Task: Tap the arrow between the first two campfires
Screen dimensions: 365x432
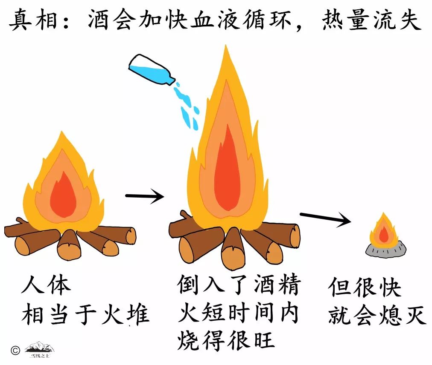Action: [144, 196]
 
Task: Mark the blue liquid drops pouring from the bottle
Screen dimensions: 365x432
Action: [187, 104]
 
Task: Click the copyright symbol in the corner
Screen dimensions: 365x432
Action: [15, 350]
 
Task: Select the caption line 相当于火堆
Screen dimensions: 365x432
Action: [85, 315]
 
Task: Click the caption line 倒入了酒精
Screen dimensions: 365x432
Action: [239, 285]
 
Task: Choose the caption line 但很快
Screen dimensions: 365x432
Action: [365, 288]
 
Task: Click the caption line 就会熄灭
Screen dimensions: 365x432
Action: [377, 316]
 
